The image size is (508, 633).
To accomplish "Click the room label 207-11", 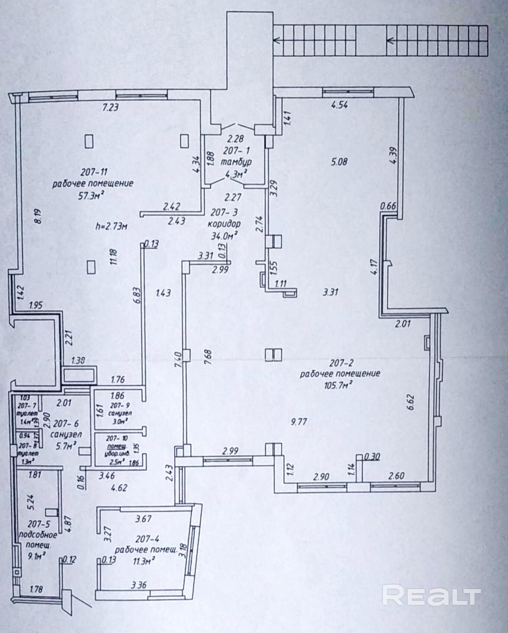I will [x=94, y=172].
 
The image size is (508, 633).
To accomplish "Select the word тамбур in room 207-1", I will [x=236, y=162].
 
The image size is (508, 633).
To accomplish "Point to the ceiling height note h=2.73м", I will [x=111, y=226].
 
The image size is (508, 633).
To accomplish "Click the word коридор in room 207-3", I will [x=224, y=224].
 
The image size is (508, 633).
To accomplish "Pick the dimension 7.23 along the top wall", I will [x=110, y=108].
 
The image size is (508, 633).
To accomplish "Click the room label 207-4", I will [x=148, y=539].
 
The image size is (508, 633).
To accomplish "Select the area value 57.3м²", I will [x=90, y=196].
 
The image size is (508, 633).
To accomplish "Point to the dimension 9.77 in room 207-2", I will [x=299, y=422].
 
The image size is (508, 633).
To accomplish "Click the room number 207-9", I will [x=120, y=406].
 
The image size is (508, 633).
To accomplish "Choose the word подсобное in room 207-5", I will [x=38, y=535].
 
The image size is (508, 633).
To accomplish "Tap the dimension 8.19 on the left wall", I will [x=37, y=216].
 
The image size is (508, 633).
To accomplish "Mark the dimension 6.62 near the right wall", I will [x=411, y=402].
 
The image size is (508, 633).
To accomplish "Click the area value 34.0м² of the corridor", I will [x=225, y=236].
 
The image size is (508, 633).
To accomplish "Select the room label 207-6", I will [x=66, y=423].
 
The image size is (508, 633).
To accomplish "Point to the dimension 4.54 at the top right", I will [x=339, y=105].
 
